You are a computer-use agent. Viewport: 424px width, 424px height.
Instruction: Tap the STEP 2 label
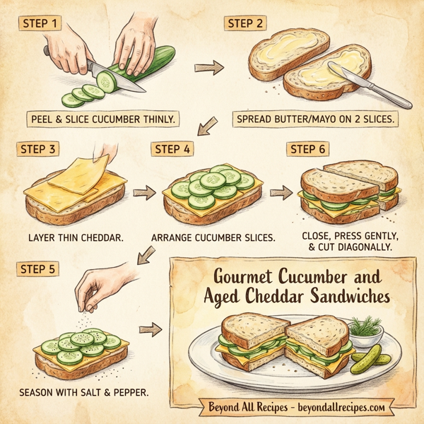245,23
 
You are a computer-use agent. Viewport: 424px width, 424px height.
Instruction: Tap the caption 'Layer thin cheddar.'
74,237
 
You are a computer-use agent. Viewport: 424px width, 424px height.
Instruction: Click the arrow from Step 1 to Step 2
209,68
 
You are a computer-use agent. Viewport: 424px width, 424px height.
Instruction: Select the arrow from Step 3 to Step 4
143,192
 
